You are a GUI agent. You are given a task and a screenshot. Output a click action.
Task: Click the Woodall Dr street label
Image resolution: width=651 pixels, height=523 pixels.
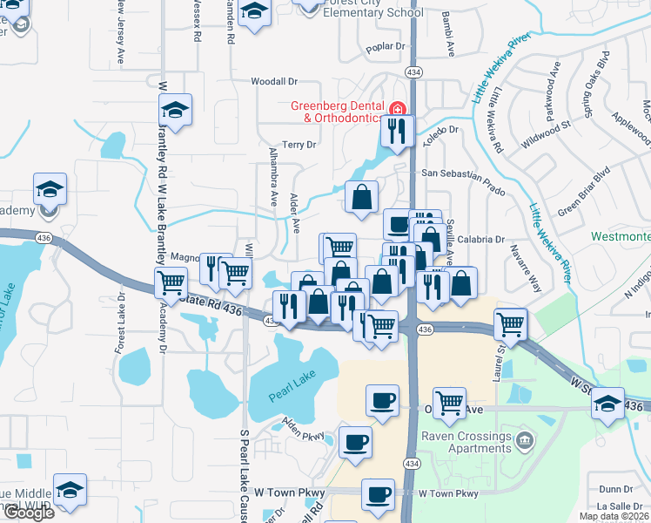pos(274,81)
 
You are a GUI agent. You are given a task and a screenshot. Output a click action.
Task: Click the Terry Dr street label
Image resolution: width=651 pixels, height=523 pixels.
pos(299,145)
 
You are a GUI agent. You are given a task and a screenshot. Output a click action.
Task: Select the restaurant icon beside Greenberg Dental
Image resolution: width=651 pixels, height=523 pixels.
pos(397,132)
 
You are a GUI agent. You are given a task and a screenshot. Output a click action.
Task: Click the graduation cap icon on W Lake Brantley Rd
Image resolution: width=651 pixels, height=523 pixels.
pos(175,110)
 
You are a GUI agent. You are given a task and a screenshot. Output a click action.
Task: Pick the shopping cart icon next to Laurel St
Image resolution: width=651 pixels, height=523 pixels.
pos(510,323)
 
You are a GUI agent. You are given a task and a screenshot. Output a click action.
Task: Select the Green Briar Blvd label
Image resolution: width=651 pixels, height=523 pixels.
pos(583,200)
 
